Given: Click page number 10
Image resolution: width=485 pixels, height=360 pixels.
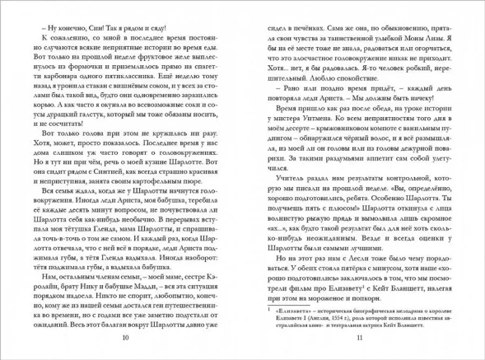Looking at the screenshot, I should pos(124,339).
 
